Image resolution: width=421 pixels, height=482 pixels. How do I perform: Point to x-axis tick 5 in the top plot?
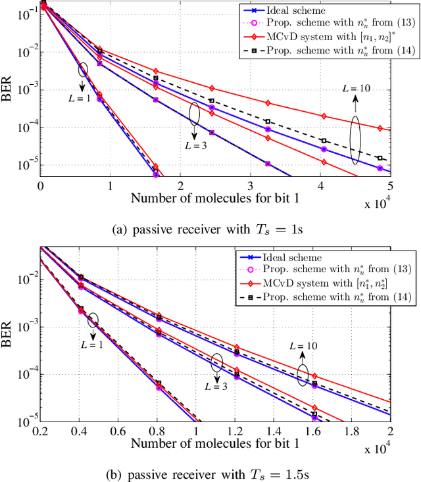[391, 185]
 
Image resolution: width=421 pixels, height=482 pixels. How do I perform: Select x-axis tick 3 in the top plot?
[251, 185]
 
